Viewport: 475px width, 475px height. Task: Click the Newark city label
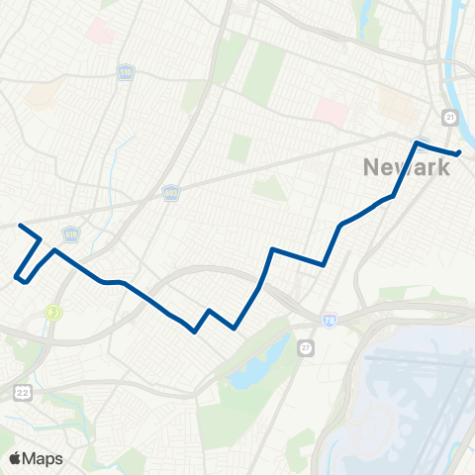406,167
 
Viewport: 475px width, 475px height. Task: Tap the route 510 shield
126,75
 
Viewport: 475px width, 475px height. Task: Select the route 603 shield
170,196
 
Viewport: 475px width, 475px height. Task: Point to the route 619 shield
70,235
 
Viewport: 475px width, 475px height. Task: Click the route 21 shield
450,118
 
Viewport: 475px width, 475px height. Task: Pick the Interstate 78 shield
330,321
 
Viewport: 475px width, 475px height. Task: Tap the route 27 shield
306,347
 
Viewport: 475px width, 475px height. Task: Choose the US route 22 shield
22,393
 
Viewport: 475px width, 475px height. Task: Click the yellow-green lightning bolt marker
52,313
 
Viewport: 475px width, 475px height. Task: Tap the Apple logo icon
15,458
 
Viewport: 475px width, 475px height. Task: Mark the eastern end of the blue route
460,152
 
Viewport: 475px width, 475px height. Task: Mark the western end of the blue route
20,225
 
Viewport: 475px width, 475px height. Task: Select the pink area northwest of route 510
100,32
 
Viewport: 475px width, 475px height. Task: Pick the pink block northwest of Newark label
332,111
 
